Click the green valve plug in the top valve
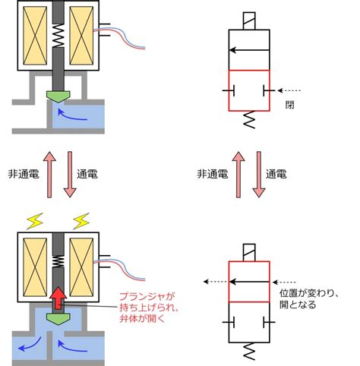pyautogui.click(x=58, y=96)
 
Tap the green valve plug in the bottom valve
pyautogui.click(x=58, y=319)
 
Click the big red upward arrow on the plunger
pyautogui.click(x=58, y=298)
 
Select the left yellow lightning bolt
pyautogui.click(x=36, y=221)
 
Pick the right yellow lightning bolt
pyautogui.click(x=81, y=221)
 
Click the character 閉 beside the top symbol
pyautogui.click(x=290, y=105)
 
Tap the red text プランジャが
pyautogui.click(x=147, y=296)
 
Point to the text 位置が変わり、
pyautogui.click(x=309, y=293)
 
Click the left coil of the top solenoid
pyautogui.click(x=35, y=36)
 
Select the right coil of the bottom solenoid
pyautogui.click(x=81, y=267)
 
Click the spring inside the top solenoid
pyautogui.click(x=58, y=36)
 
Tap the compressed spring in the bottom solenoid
pyautogui.click(x=58, y=262)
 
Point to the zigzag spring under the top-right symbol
pyautogui.click(x=249, y=119)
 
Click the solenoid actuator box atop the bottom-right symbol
pyautogui.click(x=249, y=252)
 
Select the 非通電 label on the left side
pyautogui.click(x=24, y=174)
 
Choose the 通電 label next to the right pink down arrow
pyautogui.click(x=276, y=174)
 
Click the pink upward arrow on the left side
pyautogui.click(x=49, y=175)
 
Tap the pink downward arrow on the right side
pyautogui.click(x=259, y=175)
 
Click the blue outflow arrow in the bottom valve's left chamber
pyautogui.click(x=30, y=344)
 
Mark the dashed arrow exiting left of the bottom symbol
pyautogui.click(x=216, y=282)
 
